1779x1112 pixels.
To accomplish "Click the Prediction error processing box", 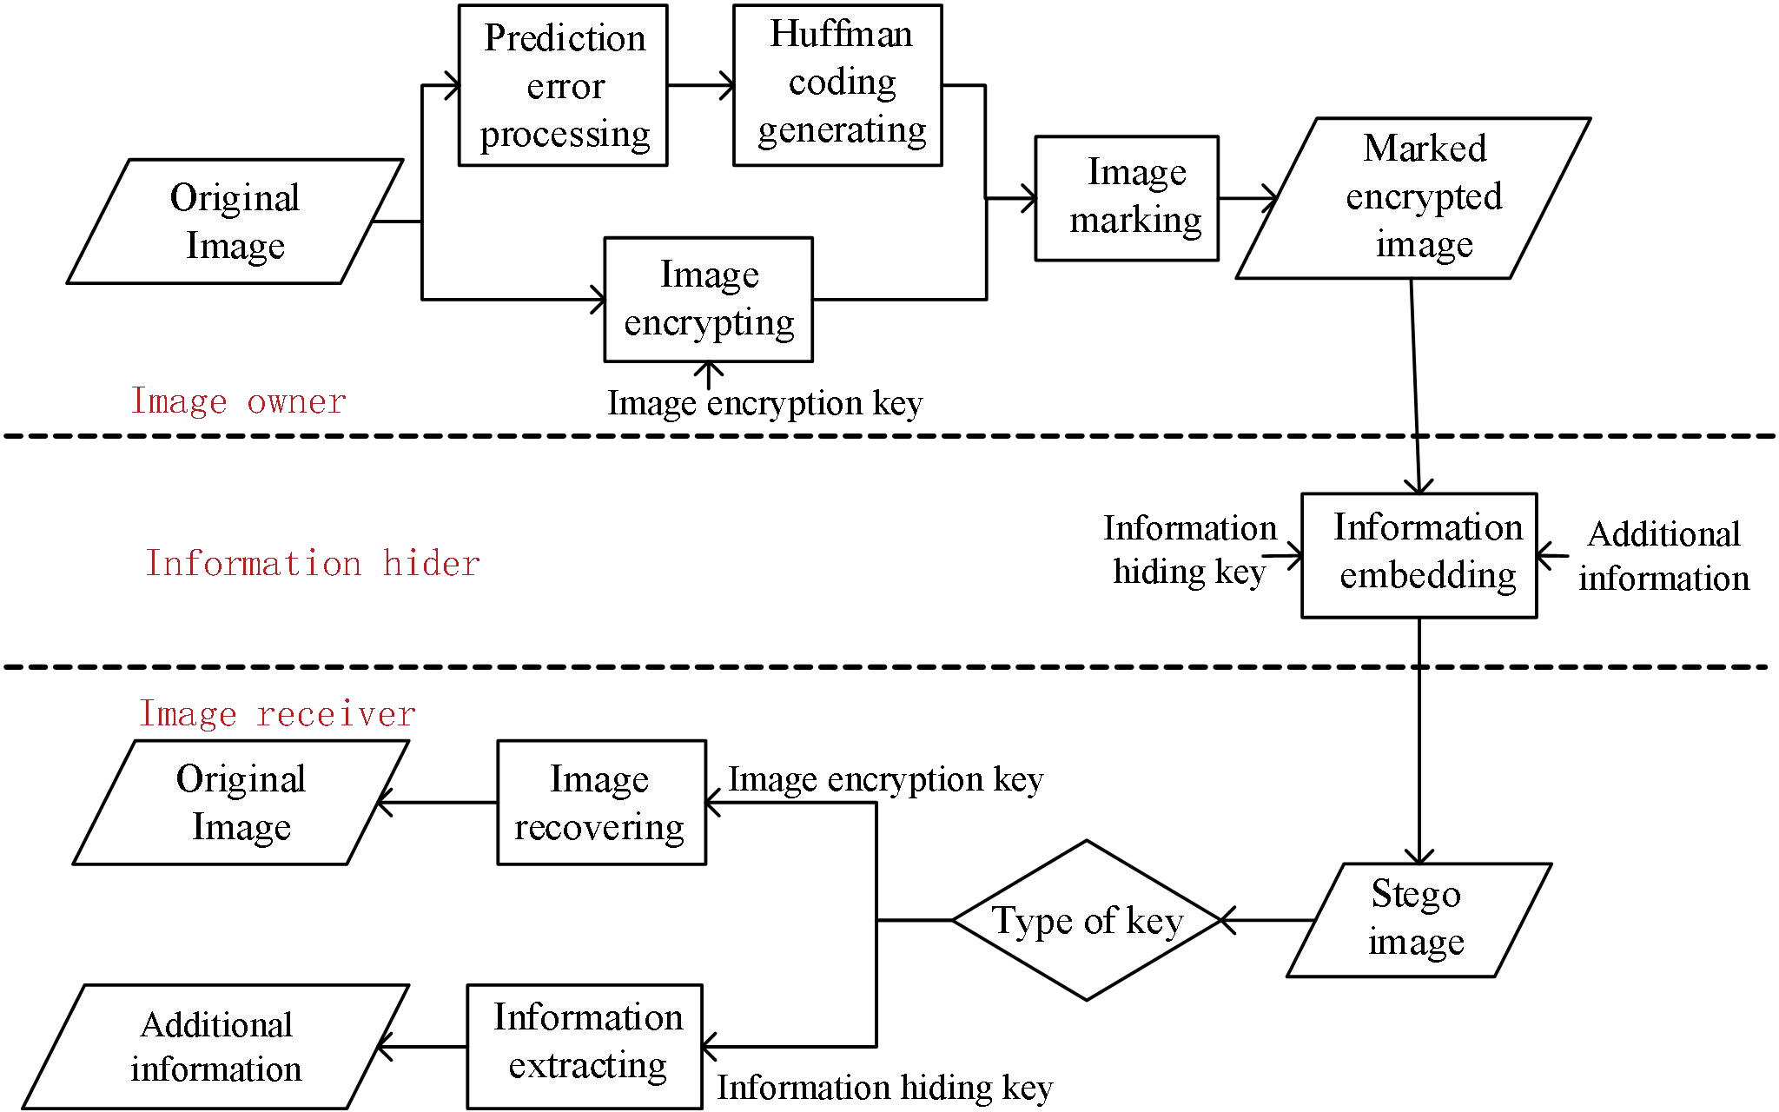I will [563, 85].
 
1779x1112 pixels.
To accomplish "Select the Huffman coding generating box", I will [837, 85].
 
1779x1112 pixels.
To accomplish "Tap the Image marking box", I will [1127, 198].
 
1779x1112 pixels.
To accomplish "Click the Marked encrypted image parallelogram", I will [1413, 198].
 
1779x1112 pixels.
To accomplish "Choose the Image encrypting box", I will [708, 299].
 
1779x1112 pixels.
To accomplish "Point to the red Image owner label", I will [238, 401].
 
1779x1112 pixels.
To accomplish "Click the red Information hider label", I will [312, 564].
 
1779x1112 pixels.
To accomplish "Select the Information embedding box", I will [1419, 555].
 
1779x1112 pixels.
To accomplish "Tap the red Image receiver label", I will [277, 714].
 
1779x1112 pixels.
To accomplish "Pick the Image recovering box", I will [601, 802].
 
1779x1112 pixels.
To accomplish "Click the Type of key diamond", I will [1087, 920].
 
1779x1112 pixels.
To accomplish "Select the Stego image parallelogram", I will [1419, 919].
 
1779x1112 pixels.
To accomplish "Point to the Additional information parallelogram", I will [215, 1046].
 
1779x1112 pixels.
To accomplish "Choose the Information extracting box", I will [585, 1045].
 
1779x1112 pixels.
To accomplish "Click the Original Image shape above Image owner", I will [235, 221].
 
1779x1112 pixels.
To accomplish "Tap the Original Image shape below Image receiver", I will [241, 802].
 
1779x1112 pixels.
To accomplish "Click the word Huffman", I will [841, 35].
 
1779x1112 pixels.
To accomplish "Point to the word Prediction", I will [565, 38].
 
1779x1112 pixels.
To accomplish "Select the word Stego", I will [1416, 894].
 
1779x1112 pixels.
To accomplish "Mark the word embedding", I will [1427, 576].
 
